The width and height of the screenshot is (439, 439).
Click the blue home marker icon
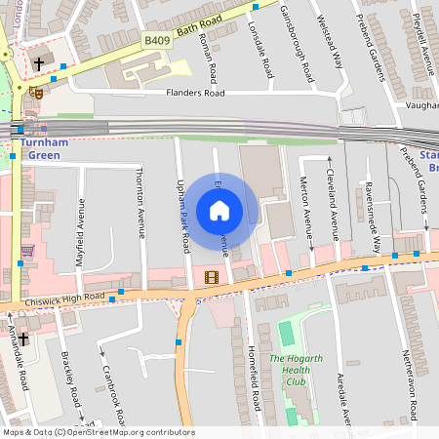219,211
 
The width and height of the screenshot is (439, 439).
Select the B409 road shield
156,40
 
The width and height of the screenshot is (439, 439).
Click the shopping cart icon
27,251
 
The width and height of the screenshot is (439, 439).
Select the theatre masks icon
36,93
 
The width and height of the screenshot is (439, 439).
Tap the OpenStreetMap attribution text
98,432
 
